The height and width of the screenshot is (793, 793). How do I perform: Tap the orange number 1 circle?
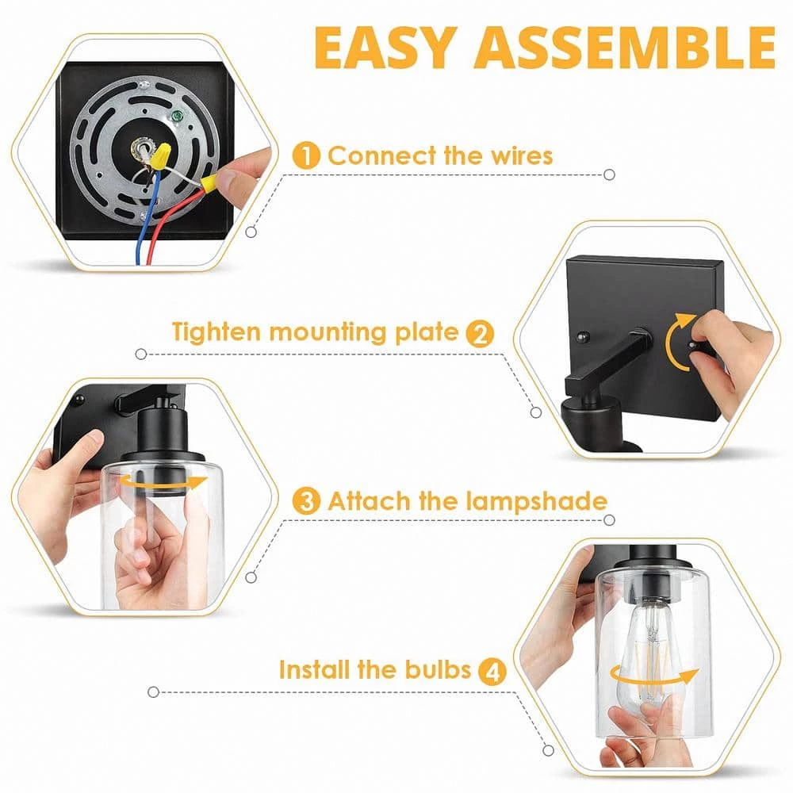pos(306,155)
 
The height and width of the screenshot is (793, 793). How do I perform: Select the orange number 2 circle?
pos(480,333)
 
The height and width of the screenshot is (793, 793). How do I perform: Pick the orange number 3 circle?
pos(306,502)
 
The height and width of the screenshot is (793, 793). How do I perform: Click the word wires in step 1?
pos(521,155)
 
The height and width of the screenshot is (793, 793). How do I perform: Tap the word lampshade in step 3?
pos(536,502)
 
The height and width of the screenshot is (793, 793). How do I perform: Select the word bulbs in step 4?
pos(439,669)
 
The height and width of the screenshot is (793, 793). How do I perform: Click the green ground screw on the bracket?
pos(178,116)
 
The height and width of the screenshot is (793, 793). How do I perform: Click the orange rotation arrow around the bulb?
pos(654,679)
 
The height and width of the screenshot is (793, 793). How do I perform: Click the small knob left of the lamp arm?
pos(584,335)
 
